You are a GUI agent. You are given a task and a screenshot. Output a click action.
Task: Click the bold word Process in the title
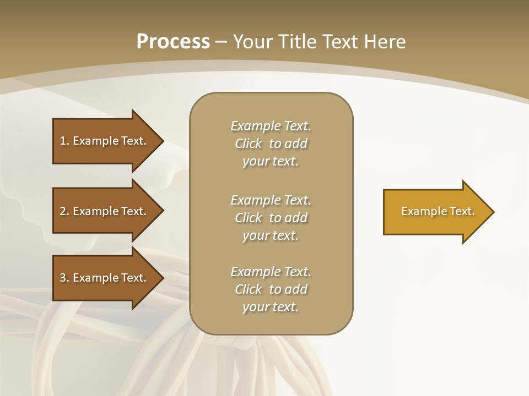(173, 42)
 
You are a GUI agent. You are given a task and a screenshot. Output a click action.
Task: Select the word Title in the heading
(296, 42)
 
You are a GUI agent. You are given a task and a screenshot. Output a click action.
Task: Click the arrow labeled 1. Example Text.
(105, 141)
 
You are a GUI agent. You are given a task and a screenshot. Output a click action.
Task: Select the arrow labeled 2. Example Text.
(105, 211)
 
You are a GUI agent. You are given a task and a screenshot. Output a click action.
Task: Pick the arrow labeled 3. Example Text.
(105, 278)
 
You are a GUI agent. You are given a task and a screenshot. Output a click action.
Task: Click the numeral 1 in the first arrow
(63, 141)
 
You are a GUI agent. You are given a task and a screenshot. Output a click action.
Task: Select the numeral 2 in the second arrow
(63, 211)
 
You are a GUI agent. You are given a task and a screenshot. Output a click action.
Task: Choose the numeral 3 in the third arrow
(63, 278)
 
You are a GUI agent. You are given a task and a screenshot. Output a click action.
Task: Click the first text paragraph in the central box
(271, 144)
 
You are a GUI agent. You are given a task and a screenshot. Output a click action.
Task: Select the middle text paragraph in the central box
(271, 218)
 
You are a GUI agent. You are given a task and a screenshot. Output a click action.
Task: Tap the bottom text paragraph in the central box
(271, 289)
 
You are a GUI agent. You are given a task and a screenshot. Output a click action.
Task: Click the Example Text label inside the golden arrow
(438, 211)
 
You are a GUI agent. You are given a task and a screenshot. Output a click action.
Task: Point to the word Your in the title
(253, 42)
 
